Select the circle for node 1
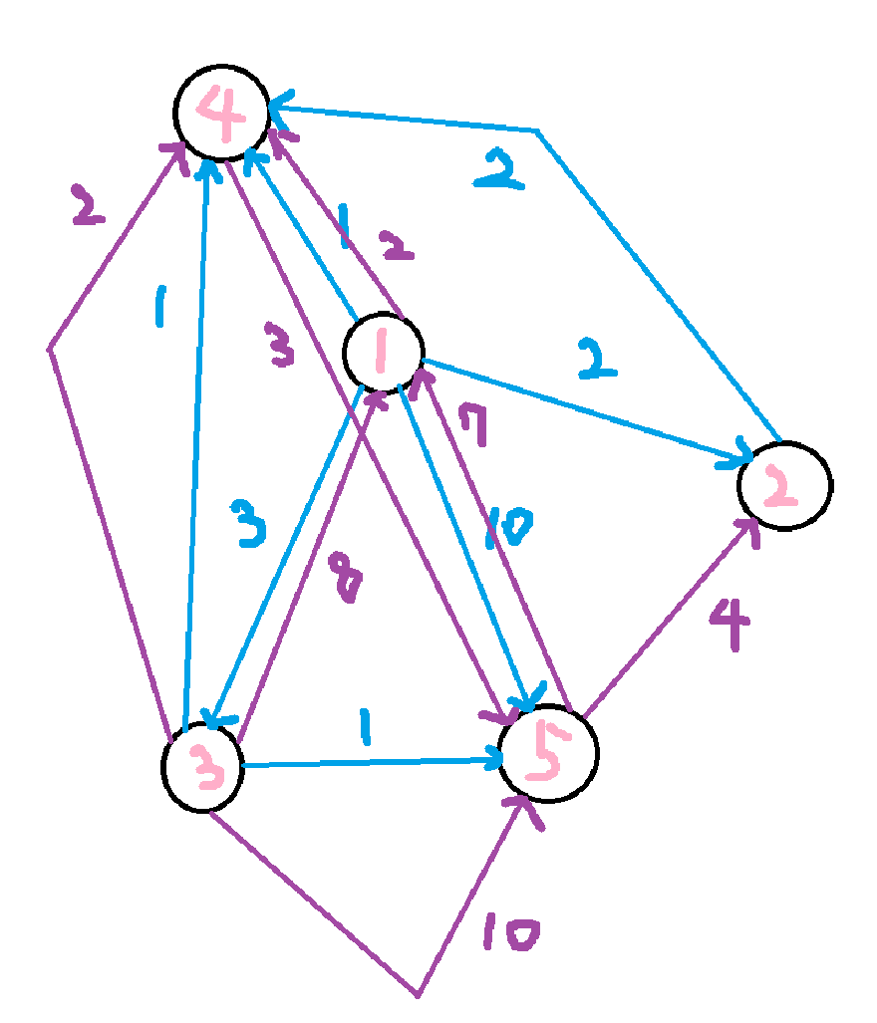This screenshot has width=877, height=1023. tap(382, 351)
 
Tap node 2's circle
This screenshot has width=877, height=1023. tap(784, 485)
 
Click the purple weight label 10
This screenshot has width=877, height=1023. tap(510, 934)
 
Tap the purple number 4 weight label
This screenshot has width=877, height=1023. tap(729, 626)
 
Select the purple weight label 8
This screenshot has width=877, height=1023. tap(345, 579)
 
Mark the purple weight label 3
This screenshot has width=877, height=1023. tap(283, 344)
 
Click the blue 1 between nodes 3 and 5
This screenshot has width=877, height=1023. tap(364, 730)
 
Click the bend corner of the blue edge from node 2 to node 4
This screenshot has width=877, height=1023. tap(538, 130)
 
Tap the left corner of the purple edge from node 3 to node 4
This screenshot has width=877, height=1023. tap(49, 349)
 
